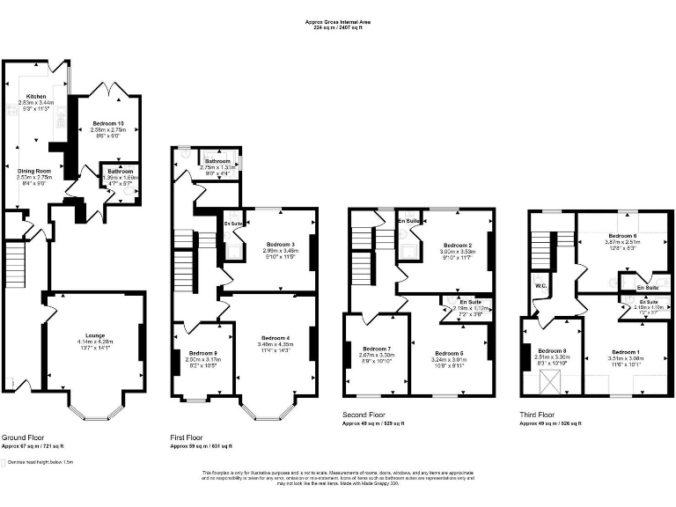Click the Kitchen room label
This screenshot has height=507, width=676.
point(36,96)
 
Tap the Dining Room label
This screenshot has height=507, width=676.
point(35,170)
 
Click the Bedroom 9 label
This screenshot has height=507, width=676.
point(202,353)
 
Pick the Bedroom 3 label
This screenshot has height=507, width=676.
point(282,244)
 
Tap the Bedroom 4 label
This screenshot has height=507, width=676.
point(276,337)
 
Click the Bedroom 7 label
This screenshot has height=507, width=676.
point(377,349)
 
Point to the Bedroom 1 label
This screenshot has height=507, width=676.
point(627,351)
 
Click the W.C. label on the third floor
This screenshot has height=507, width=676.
point(541,284)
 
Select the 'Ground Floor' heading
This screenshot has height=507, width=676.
point(24,436)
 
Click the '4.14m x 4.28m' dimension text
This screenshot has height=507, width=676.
point(90,341)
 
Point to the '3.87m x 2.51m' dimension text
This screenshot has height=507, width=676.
point(621,243)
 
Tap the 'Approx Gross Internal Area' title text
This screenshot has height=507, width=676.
point(338,21)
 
